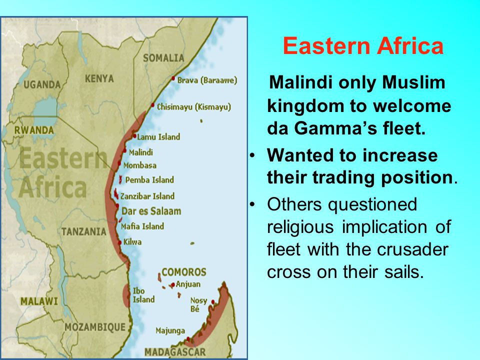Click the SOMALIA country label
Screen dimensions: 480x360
(x=164, y=58)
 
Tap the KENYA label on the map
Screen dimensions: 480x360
(x=99, y=78)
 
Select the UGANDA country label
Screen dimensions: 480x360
(x=42, y=84)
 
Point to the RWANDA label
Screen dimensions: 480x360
(x=34, y=130)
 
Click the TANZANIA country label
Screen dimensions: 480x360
(x=84, y=231)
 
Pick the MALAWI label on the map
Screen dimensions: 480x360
(x=39, y=301)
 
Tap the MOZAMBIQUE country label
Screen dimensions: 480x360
(x=95, y=327)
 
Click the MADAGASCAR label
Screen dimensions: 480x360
(x=175, y=352)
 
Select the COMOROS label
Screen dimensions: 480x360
(x=184, y=272)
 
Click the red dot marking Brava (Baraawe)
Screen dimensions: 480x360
(x=173, y=78)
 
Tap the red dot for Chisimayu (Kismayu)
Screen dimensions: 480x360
(x=152, y=105)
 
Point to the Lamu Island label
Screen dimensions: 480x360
(x=158, y=137)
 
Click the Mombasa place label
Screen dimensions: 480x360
(x=140, y=165)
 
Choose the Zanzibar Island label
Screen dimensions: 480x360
(x=147, y=196)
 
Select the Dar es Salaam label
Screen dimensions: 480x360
(x=151, y=211)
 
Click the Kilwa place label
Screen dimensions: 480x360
(x=132, y=242)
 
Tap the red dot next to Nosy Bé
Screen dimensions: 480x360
(x=213, y=302)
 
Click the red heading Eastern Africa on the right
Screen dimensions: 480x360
(x=363, y=45)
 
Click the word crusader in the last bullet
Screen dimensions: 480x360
(x=412, y=249)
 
